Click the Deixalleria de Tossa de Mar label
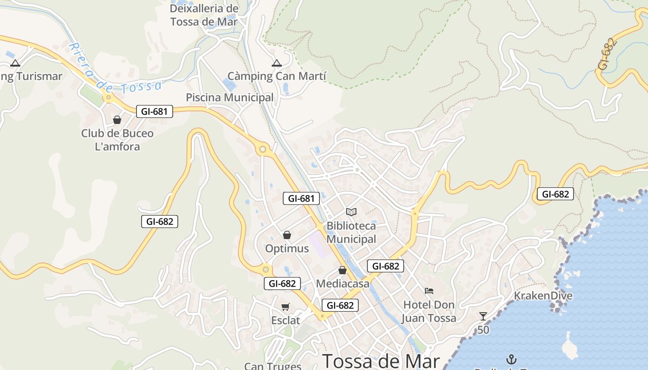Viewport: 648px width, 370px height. tap(204, 15)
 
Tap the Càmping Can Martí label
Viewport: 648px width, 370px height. tap(277, 76)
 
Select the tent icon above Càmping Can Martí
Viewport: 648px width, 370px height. tap(277, 63)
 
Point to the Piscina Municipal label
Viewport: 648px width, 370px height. tap(230, 98)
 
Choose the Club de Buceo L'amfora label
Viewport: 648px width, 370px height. tap(117, 140)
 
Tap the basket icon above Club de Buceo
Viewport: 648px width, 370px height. tap(117, 120)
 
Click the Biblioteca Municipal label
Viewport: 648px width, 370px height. tap(351, 233)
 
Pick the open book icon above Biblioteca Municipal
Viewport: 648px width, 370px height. tap(351, 212)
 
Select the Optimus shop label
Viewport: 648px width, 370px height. tap(287, 248)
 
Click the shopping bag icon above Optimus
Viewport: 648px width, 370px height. tap(287, 235)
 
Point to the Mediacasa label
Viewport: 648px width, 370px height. tap(343, 284)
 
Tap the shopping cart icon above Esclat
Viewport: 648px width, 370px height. tap(286, 307)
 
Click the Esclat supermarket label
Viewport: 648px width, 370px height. tap(286, 320)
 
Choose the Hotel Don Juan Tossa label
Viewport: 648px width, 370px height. tap(429, 311)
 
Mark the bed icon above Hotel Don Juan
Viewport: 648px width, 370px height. tap(429, 291)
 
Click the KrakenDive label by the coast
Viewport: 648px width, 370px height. tap(543, 296)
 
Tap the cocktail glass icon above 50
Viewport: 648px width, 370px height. tap(483, 316)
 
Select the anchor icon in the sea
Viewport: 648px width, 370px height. tap(511, 359)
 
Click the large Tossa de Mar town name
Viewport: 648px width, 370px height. tap(381, 361)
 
